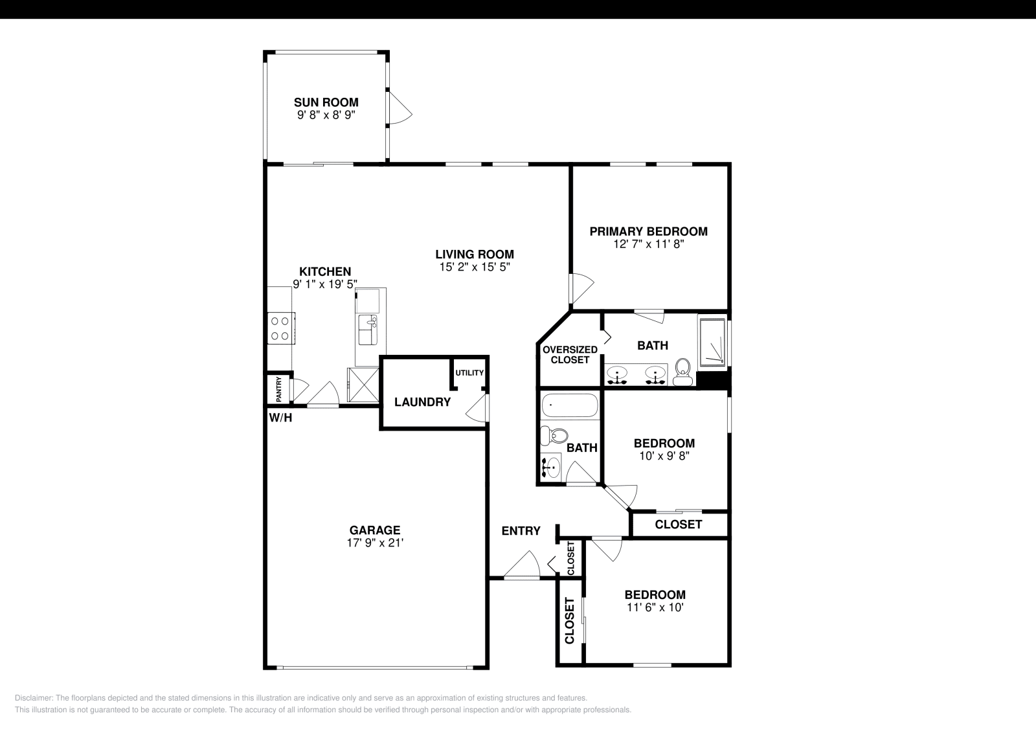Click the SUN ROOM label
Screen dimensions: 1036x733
point(326,102)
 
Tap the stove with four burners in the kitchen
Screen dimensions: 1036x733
point(281,328)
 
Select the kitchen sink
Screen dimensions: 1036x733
point(368,330)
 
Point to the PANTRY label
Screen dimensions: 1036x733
point(279,389)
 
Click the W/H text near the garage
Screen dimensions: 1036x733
point(281,418)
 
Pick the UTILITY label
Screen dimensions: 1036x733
point(469,373)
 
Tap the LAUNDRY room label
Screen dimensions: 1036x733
point(422,402)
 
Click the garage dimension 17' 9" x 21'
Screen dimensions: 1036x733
point(375,543)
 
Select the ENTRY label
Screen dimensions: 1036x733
point(521,531)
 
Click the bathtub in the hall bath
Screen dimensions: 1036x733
point(570,405)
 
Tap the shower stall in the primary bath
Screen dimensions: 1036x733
point(712,343)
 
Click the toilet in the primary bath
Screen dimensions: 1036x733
point(682,372)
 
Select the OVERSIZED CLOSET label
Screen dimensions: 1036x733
point(570,355)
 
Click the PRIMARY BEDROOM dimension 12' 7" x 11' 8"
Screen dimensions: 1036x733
point(648,244)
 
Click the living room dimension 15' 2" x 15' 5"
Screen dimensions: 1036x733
point(475,267)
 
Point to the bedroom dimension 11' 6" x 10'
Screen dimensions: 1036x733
point(655,607)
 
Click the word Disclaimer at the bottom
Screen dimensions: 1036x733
point(34,698)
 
